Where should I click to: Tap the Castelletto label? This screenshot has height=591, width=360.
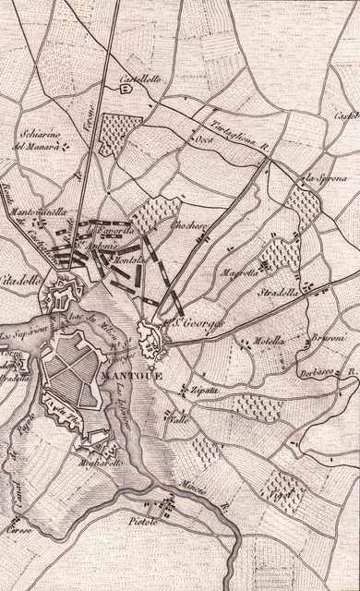[138, 79]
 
